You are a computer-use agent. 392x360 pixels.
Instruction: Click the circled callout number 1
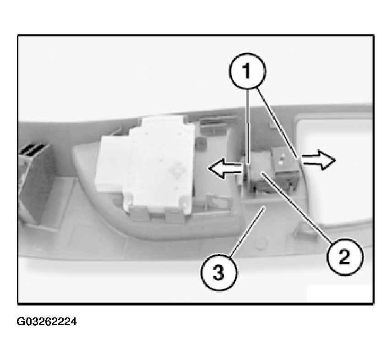247,71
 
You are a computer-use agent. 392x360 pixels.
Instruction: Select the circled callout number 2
345,256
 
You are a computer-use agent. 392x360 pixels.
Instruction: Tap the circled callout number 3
219,272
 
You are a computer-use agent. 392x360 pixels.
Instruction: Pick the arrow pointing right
318,160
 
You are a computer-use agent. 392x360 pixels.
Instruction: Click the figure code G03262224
47,322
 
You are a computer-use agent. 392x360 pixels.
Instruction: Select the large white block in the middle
145,165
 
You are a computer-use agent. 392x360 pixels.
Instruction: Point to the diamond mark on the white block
178,170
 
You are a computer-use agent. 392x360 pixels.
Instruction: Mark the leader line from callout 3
247,231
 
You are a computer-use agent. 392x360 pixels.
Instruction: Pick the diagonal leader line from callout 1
278,124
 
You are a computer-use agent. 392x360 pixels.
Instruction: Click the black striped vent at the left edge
33,151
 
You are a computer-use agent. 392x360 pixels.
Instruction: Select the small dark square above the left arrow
201,144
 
